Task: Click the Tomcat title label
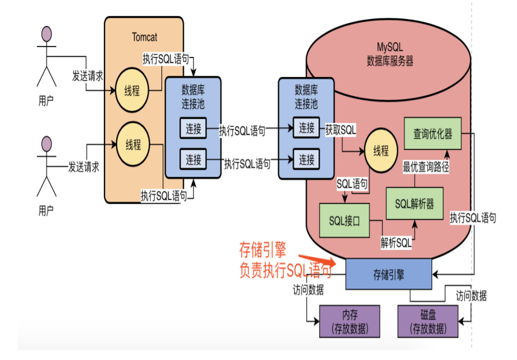click(x=144, y=37)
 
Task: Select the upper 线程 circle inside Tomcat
click(x=132, y=90)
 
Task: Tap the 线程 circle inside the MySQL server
click(x=381, y=150)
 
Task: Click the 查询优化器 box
click(x=433, y=134)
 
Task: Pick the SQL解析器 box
click(x=414, y=203)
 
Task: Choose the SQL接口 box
click(x=344, y=220)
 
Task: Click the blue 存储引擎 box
click(x=388, y=274)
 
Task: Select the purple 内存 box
click(x=349, y=322)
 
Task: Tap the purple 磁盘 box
click(x=428, y=322)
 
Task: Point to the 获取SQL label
click(x=341, y=130)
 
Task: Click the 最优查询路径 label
click(x=426, y=167)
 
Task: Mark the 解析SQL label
click(x=396, y=243)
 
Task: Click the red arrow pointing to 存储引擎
click(x=317, y=260)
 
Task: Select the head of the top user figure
click(x=47, y=34)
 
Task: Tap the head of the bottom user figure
click(x=47, y=144)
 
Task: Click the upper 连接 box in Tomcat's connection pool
click(x=193, y=128)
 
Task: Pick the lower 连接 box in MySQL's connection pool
click(x=306, y=160)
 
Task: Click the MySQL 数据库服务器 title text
click(x=389, y=54)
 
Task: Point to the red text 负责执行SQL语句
click(x=285, y=270)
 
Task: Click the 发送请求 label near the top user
click(x=88, y=76)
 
